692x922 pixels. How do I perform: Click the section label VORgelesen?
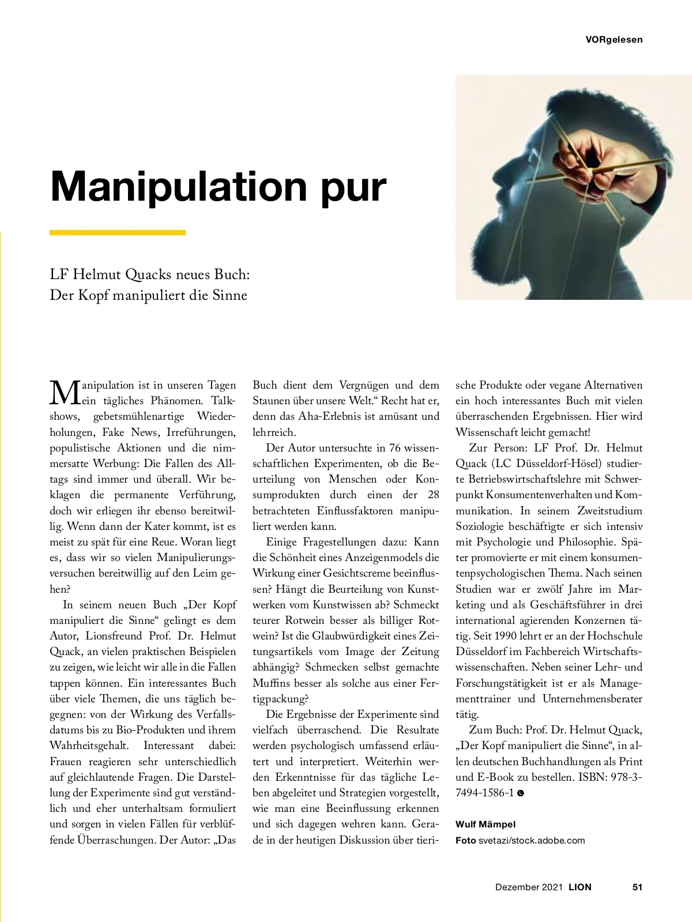pyautogui.click(x=614, y=40)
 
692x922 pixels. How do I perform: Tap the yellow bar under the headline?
pyautogui.click(x=118, y=233)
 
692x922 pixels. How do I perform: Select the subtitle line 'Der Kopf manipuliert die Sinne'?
pyautogui.click(x=149, y=295)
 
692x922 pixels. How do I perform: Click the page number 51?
pyautogui.click(x=637, y=887)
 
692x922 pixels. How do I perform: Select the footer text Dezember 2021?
pyautogui.click(x=528, y=887)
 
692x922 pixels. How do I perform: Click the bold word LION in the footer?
pyautogui.click(x=580, y=887)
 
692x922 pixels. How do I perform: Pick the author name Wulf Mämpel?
pyautogui.click(x=486, y=825)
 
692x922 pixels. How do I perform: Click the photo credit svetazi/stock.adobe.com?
pyautogui.click(x=531, y=840)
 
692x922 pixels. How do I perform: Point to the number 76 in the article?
pyautogui.click(x=395, y=448)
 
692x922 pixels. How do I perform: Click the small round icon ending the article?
pyautogui.click(x=521, y=793)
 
